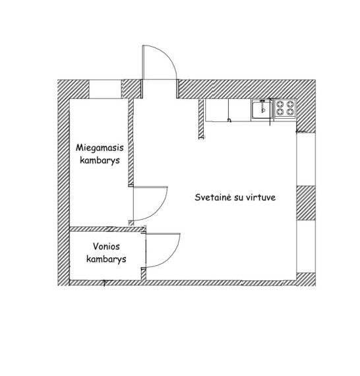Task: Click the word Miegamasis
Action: [x=100, y=148]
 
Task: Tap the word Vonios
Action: [x=106, y=246]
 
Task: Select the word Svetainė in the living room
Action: [x=213, y=197]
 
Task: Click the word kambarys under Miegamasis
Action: [x=100, y=160]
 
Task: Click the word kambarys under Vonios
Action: [x=106, y=259]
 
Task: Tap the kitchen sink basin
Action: [x=262, y=110]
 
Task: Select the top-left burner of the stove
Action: [x=280, y=104]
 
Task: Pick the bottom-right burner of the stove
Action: [x=290, y=111]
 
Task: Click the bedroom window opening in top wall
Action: [x=105, y=89]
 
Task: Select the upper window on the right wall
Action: [x=306, y=159]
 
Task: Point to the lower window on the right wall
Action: [x=306, y=246]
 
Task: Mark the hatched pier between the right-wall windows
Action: [x=306, y=203]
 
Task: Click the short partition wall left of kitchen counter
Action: [x=201, y=119]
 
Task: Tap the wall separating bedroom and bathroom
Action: [x=107, y=229]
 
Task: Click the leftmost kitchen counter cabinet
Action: [x=217, y=110]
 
